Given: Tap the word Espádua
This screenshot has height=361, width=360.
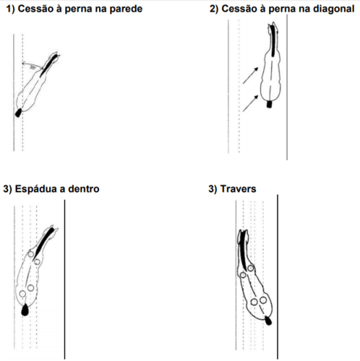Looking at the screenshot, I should [39, 189].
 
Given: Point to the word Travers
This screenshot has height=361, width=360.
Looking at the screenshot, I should [240, 189].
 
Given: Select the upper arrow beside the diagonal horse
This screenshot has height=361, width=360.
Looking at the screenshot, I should [251, 73].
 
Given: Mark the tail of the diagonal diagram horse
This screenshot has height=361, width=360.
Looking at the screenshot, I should [270, 103].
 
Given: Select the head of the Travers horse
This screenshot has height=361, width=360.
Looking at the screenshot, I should [244, 237].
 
